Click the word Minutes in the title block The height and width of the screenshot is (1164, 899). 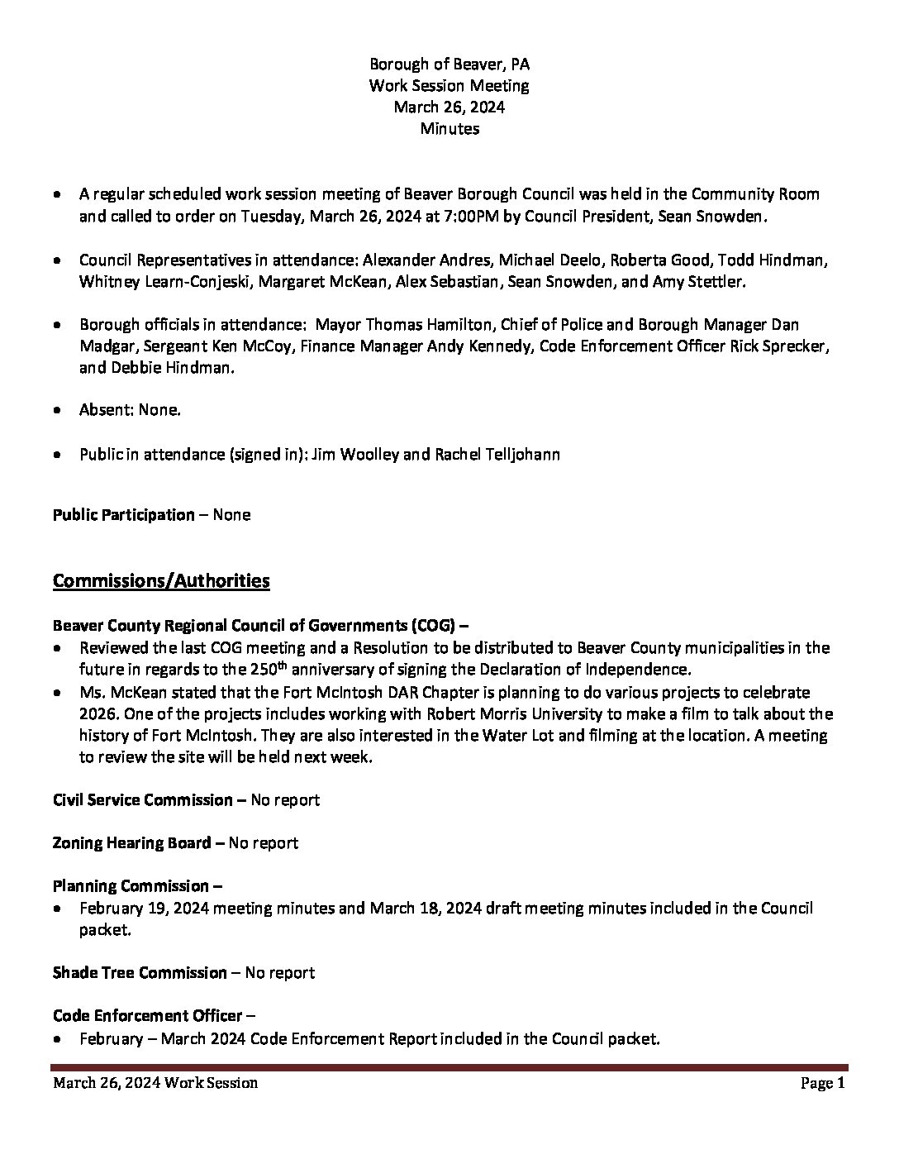449,129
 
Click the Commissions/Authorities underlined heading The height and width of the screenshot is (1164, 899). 161,581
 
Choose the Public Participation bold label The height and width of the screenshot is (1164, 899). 124,515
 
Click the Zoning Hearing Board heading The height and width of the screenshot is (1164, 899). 132,843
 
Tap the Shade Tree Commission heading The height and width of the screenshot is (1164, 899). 140,973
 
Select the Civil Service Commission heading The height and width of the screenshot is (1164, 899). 143,800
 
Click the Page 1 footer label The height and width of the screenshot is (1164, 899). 822,1084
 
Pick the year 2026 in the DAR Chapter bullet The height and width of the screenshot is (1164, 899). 98,714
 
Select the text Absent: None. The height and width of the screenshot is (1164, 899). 130,410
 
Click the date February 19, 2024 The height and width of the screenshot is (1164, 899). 145,909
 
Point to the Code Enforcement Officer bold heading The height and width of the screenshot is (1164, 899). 148,1016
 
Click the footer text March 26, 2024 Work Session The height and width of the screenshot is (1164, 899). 155,1084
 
